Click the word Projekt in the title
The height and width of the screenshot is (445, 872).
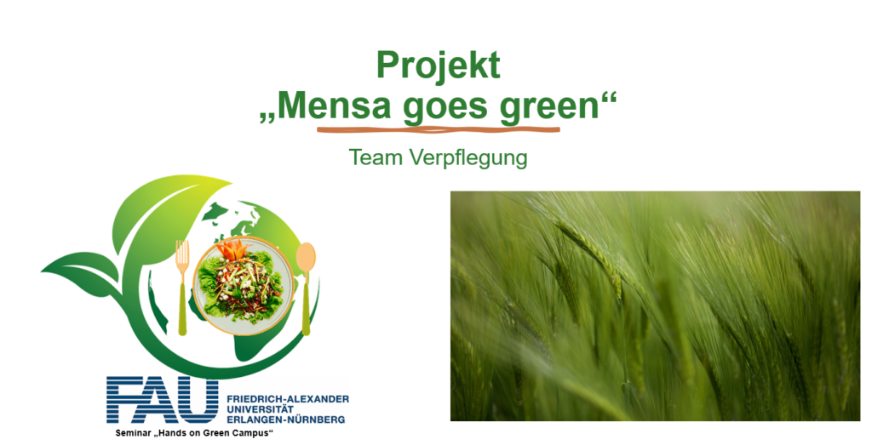(x=439, y=66)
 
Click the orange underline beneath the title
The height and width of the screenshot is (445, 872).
(x=439, y=130)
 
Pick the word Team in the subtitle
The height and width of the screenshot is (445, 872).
(x=376, y=157)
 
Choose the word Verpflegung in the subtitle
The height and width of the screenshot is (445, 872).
(x=468, y=158)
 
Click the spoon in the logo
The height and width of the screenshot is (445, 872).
(x=306, y=288)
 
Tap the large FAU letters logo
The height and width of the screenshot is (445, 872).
(x=163, y=400)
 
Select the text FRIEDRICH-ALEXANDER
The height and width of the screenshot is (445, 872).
(x=288, y=399)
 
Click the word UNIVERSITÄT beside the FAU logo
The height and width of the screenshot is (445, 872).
(x=260, y=409)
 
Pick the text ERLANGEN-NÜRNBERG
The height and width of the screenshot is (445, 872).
(x=285, y=419)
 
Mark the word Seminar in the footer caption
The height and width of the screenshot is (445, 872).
(x=132, y=433)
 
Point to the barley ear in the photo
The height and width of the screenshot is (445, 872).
(x=589, y=253)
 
